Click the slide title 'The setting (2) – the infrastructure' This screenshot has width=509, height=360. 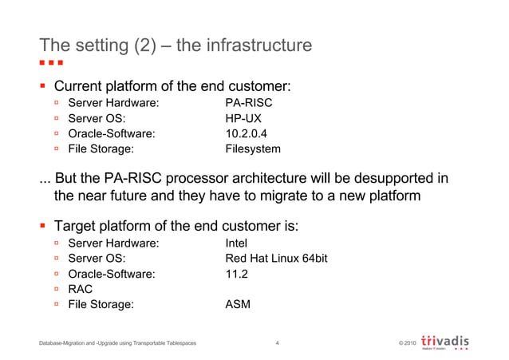tap(176, 45)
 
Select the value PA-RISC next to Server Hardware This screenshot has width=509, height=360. tap(250, 103)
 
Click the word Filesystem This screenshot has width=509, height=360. tap(253, 148)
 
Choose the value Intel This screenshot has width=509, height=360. tap(237, 243)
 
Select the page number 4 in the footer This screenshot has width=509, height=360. tap(276, 343)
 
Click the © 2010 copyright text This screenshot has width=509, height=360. tap(405, 343)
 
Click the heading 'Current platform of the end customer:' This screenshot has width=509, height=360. tap(171, 85)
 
